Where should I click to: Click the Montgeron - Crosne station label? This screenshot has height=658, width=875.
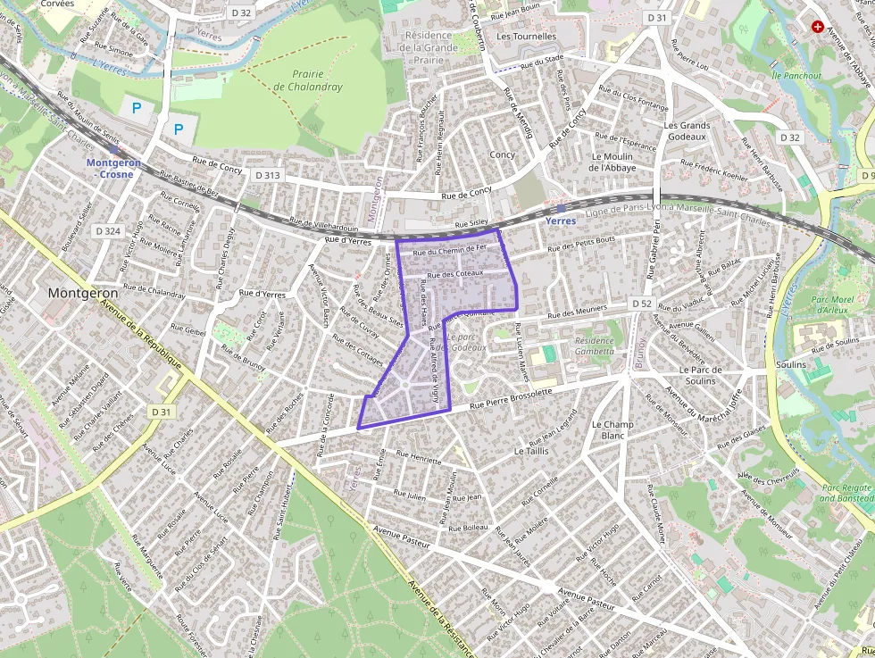pyautogui.click(x=110, y=168)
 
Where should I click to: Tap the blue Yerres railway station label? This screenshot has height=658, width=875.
pyautogui.click(x=560, y=221)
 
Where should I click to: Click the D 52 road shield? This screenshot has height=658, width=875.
pyautogui.click(x=641, y=304)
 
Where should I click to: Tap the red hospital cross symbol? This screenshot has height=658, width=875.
pyautogui.click(x=816, y=28)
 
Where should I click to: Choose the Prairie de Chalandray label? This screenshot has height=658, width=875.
pyautogui.click(x=307, y=80)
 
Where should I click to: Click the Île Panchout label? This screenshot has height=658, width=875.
pyautogui.click(x=796, y=76)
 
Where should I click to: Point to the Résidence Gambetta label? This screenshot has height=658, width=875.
pyautogui.click(x=595, y=346)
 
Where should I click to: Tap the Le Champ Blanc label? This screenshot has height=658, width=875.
pyautogui.click(x=612, y=429)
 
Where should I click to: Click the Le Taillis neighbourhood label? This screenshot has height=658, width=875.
pyautogui.click(x=531, y=452)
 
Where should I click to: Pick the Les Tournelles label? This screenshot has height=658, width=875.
pyautogui.click(x=526, y=37)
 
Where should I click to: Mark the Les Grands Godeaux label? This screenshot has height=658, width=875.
pyautogui.click(x=687, y=131)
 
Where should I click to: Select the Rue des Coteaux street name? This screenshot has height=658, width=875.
pyautogui.click(x=455, y=274)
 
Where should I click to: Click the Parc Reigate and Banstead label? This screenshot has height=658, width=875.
pyautogui.click(x=846, y=493)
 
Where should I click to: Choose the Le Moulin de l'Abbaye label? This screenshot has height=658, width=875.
pyautogui.click(x=612, y=162)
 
